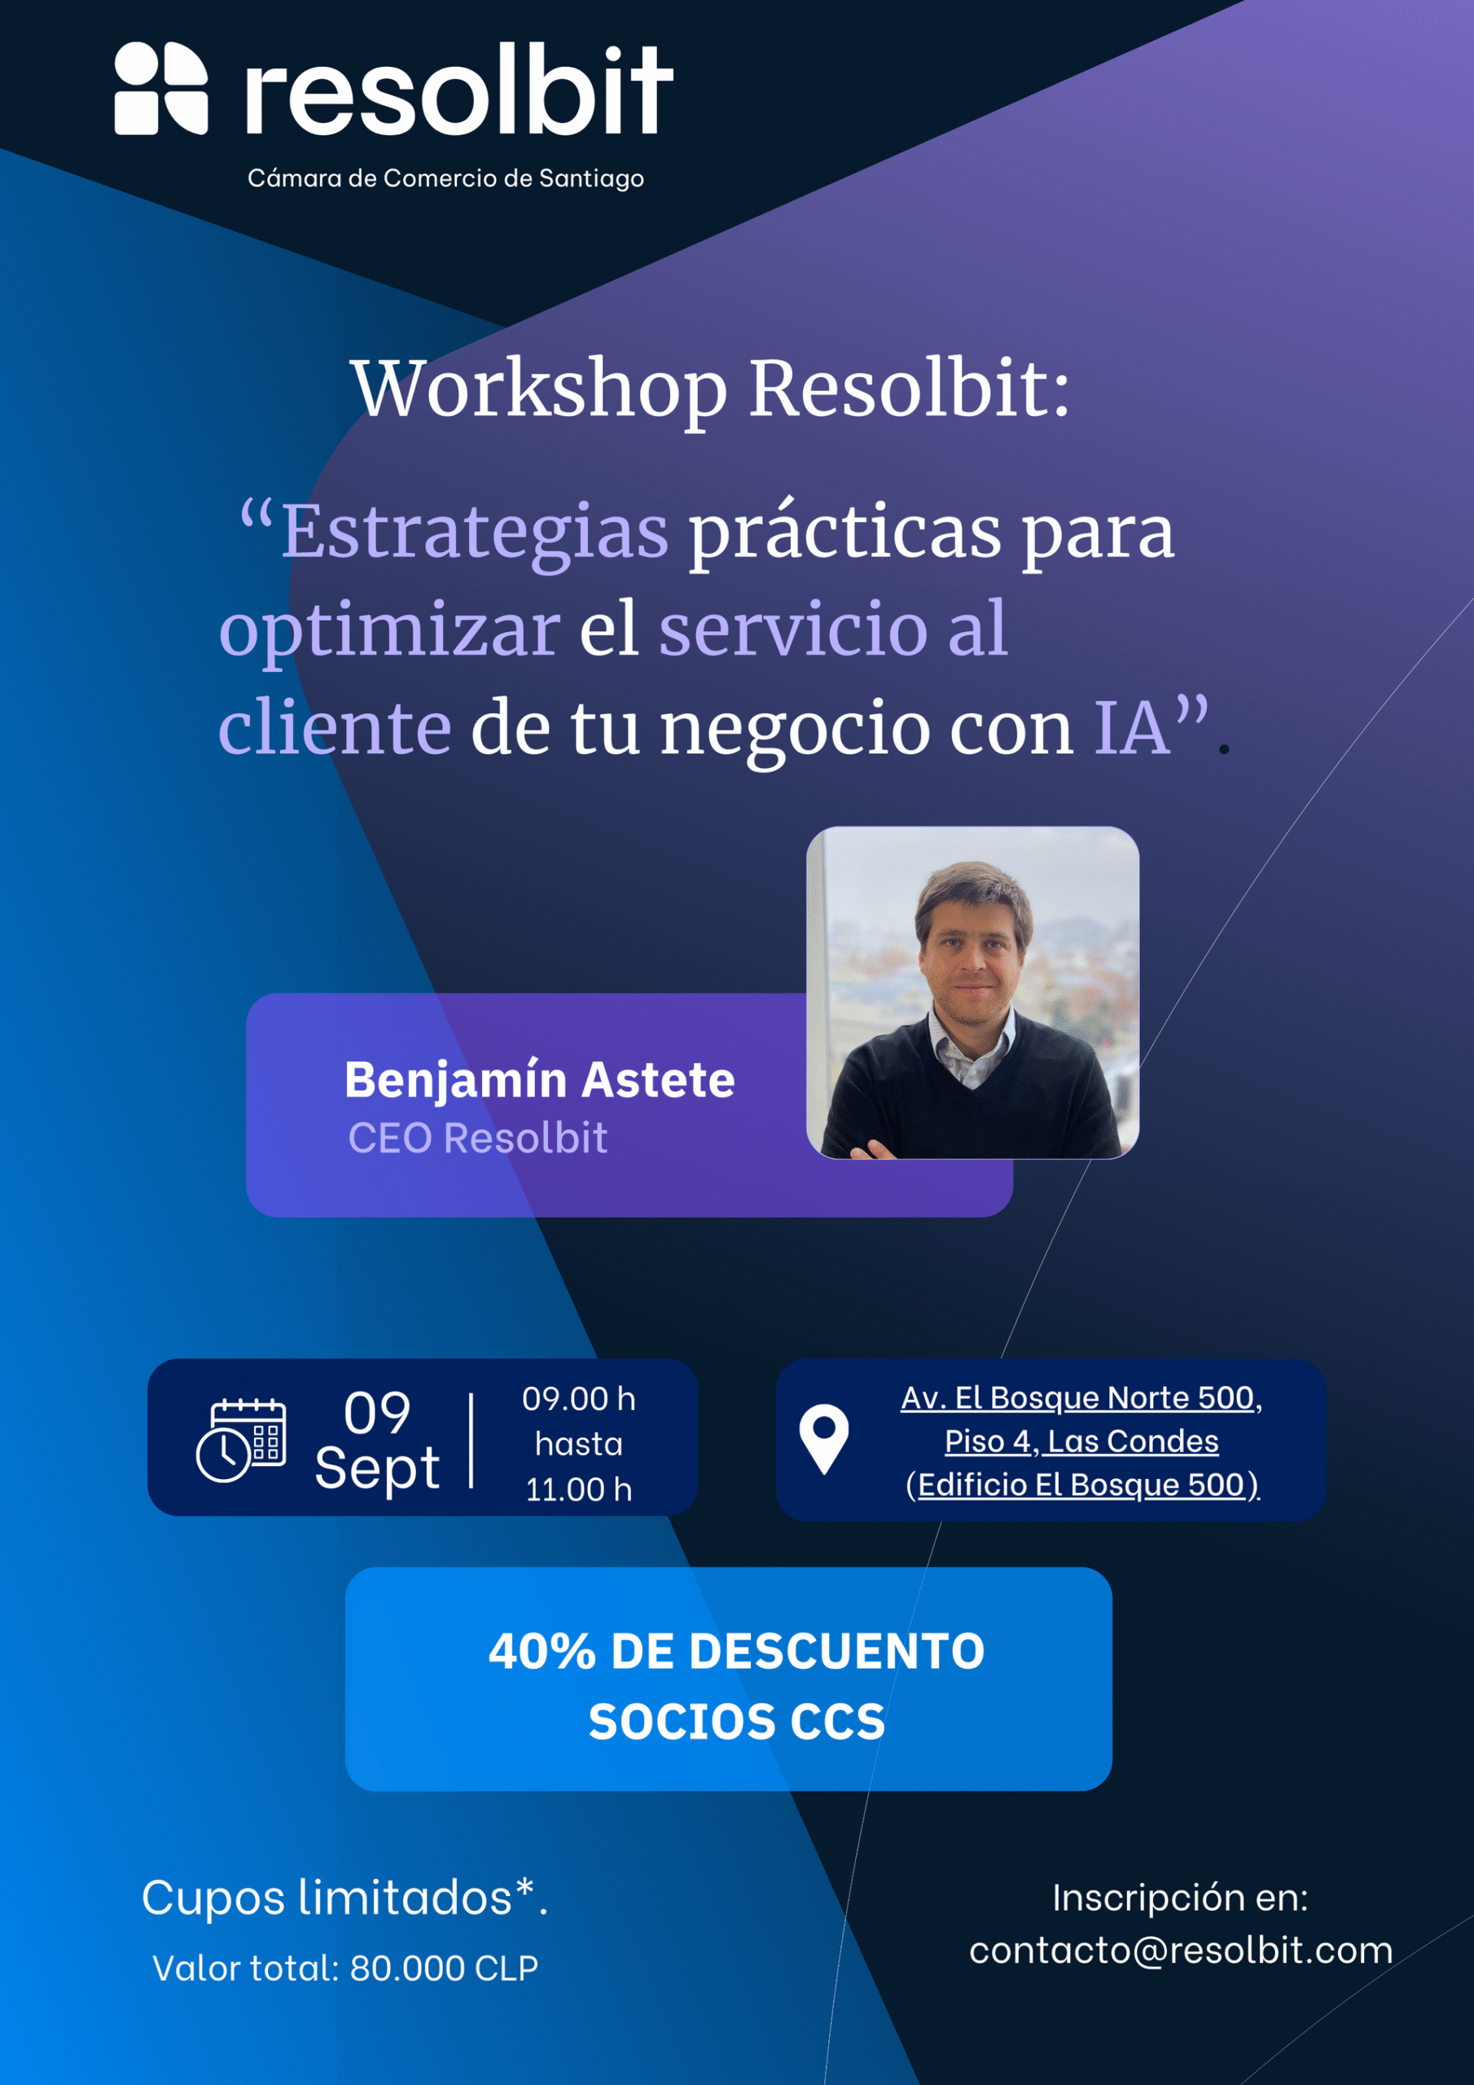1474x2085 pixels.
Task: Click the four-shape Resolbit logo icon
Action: point(160,88)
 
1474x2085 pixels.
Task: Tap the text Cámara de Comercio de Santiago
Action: point(446,178)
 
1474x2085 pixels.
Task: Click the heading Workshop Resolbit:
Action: point(710,389)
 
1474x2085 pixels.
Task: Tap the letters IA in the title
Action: point(1130,727)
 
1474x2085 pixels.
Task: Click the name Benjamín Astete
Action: point(539,1080)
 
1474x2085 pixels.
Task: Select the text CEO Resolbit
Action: point(478,1138)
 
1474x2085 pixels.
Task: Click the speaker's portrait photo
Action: point(972,993)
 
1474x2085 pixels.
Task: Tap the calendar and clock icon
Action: point(241,1439)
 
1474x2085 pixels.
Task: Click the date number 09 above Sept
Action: point(377,1413)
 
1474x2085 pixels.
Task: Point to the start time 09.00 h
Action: point(578,1398)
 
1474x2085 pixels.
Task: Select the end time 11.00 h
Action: point(578,1490)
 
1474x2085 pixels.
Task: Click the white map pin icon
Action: point(824,1438)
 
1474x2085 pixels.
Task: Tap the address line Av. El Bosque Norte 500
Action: point(1081,1398)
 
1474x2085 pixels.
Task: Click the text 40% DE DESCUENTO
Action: point(736,1651)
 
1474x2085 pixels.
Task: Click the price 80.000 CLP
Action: point(444,1968)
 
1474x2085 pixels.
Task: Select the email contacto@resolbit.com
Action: point(1181,1951)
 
